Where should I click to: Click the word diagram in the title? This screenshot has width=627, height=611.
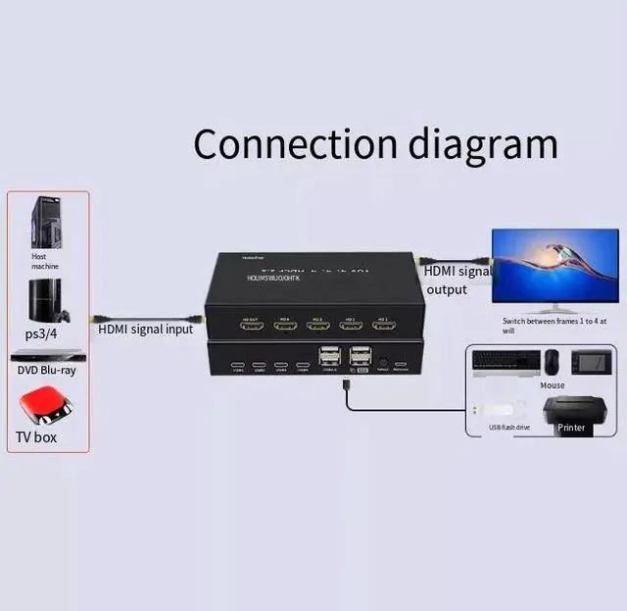[480, 146]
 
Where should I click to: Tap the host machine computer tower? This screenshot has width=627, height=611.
[45, 223]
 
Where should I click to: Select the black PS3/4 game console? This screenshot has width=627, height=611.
[46, 300]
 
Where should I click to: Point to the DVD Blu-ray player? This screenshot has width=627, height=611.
[47, 354]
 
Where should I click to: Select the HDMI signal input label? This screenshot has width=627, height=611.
[145, 330]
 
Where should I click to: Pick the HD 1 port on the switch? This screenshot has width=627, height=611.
[383, 324]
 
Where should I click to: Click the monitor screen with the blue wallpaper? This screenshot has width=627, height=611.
[555, 264]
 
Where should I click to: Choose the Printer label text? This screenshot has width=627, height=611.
[571, 428]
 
